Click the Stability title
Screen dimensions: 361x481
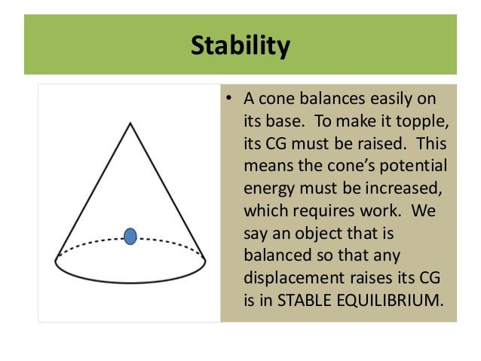pos(240,46)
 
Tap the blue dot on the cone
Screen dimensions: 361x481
pos(130,236)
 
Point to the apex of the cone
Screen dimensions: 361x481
pos(130,123)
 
